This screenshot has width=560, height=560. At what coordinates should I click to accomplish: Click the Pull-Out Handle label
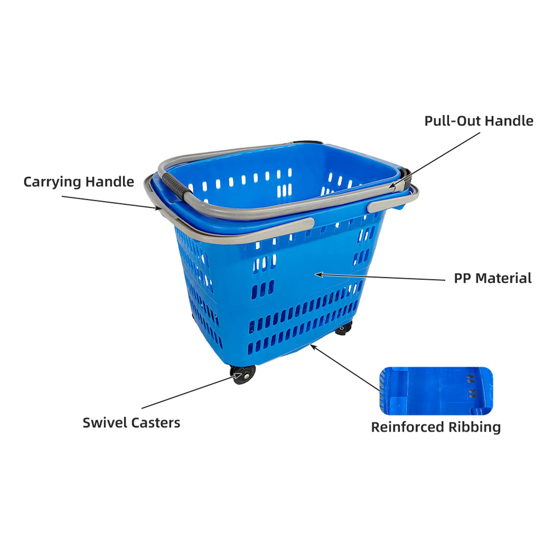[479, 121]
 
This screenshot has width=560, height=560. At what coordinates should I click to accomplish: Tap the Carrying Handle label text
[78, 182]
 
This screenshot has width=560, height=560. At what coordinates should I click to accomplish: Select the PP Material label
[492, 278]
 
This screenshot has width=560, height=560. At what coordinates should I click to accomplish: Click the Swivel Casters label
[131, 423]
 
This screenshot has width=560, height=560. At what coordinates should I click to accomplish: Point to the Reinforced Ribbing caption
[436, 427]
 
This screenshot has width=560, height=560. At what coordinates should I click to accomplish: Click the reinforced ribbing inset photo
[436, 391]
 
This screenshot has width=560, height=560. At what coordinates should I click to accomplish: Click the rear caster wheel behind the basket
[343, 329]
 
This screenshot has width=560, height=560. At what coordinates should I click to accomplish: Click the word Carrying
[52, 182]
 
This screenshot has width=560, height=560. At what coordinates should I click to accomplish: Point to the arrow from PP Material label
[381, 277]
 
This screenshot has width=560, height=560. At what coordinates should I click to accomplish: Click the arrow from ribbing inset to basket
[345, 368]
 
